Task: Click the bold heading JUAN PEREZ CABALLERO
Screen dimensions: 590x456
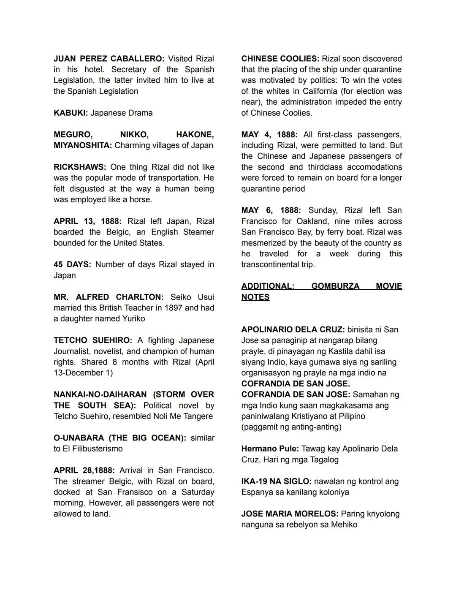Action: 109,59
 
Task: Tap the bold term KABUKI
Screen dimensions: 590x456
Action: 71,113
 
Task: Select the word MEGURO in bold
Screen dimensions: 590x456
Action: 73,135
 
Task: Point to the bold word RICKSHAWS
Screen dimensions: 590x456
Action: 80,167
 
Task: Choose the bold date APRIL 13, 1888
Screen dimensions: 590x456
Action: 87,221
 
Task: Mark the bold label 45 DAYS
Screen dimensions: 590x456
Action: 72,264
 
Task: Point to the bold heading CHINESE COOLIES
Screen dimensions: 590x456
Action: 280,59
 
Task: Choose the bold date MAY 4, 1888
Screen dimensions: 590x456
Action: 269,135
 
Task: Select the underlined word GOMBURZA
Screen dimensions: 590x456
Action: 335,286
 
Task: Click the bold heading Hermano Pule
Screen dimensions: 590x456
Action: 270,449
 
